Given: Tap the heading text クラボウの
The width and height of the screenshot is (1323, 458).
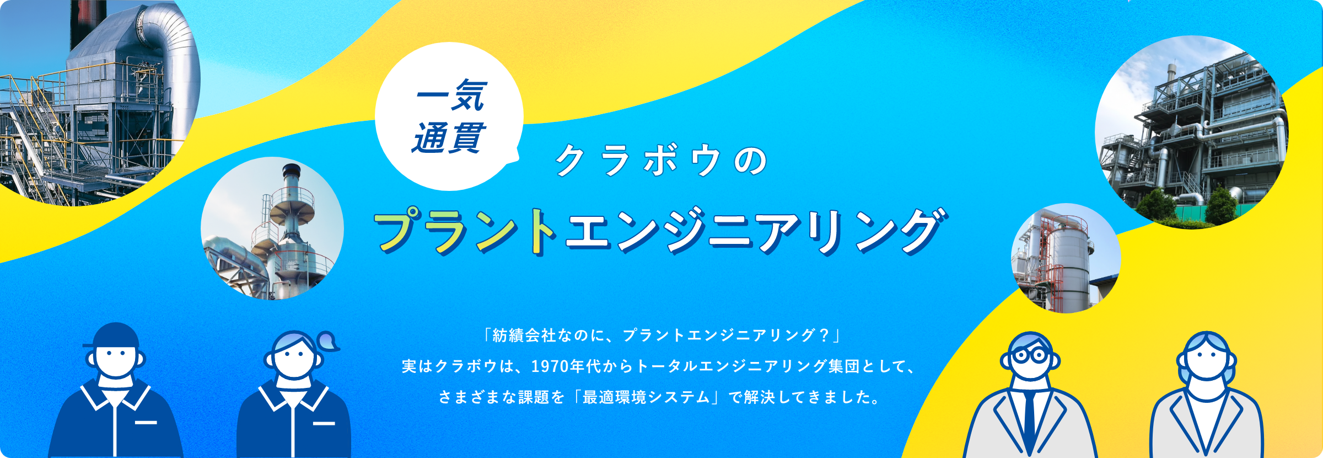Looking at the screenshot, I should (661, 161).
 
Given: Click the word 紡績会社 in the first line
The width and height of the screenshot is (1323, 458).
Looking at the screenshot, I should (517, 335).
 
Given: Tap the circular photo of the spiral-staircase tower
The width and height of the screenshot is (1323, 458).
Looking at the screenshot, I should (272, 228).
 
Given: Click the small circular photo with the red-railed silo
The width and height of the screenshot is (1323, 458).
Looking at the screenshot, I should (1065, 258).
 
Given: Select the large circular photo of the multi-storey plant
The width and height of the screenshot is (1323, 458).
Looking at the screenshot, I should (1191, 132).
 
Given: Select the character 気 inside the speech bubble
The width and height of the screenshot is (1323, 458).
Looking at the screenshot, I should (468, 96).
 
